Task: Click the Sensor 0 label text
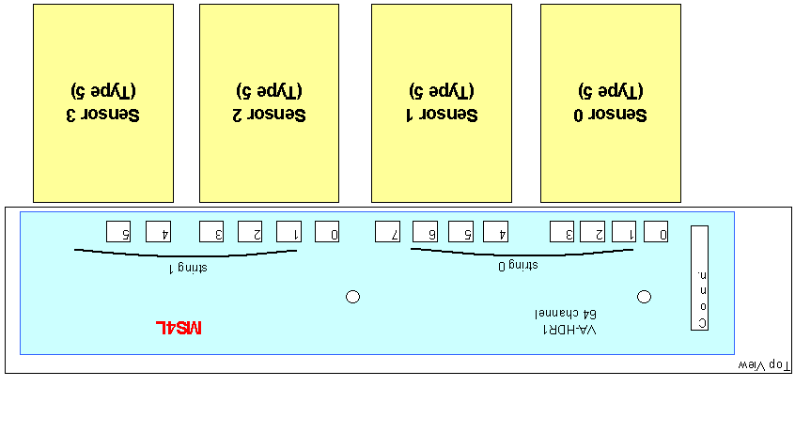click(x=611, y=115)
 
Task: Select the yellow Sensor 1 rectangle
click(x=442, y=103)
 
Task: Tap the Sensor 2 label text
click(x=269, y=115)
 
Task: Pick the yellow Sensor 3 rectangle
click(x=103, y=103)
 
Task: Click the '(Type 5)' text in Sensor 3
click(x=103, y=91)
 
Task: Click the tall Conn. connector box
click(x=700, y=278)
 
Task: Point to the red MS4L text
click(x=179, y=328)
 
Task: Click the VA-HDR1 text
click(x=569, y=330)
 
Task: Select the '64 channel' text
click(x=566, y=314)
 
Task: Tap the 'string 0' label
click(x=518, y=266)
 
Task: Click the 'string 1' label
click(x=188, y=268)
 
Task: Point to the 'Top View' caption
click(x=764, y=365)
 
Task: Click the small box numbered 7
click(x=388, y=232)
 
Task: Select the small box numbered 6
click(x=426, y=232)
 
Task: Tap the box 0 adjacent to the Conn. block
click(x=656, y=232)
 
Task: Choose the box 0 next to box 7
click(x=327, y=232)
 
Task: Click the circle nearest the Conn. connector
click(x=644, y=297)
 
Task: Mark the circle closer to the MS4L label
click(x=353, y=297)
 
